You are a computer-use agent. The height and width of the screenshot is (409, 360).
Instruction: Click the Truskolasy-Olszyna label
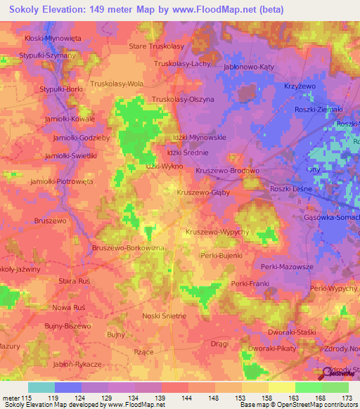(x=184, y=100)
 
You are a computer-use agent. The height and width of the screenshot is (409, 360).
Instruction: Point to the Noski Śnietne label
(x=165, y=316)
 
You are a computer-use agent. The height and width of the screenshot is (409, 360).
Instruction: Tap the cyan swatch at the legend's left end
(x=41, y=387)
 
